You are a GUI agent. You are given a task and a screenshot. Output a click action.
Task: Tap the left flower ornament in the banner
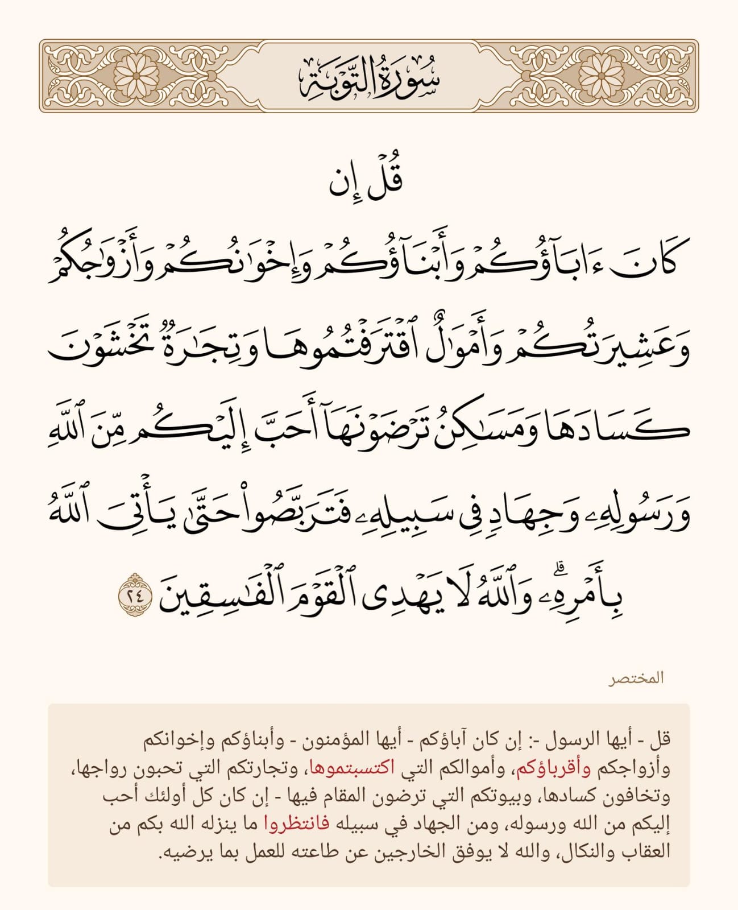[x=135, y=76]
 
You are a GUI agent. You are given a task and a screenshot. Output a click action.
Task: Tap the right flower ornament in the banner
[x=602, y=76]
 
